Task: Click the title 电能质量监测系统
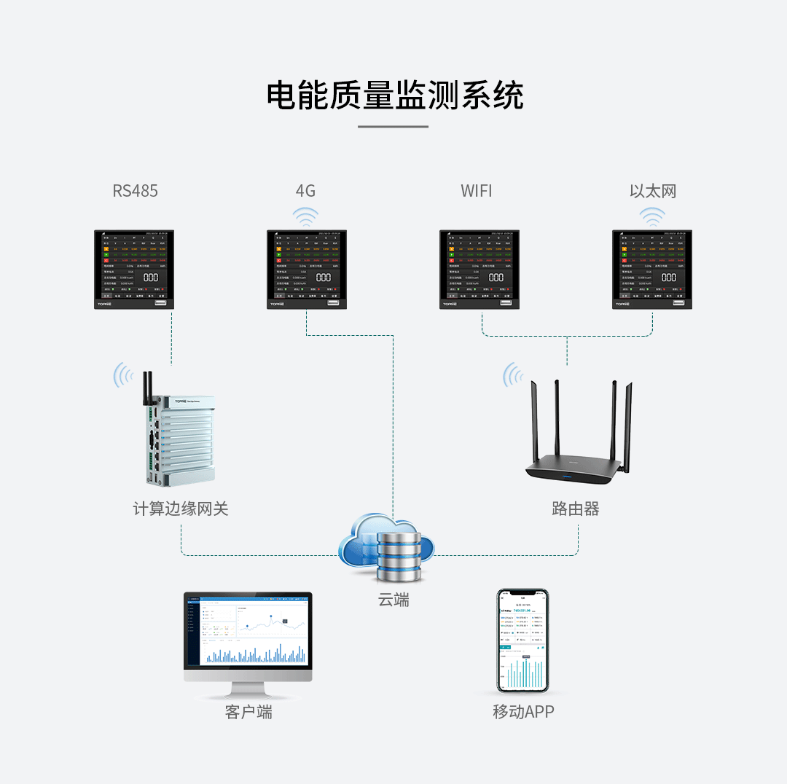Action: pyautogui.click(x=394, y=95)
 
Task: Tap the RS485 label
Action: pyautogui.click(x=135, y=191)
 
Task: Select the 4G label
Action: pyautogui.click(x=305, y=191)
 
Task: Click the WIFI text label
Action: pyautogui.click(x=477, y=191)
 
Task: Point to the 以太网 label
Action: pyautogui.click(x=653, y=191)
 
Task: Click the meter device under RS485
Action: pyautogui.click(x=135, y=270)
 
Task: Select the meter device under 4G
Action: pyautogui.click(x=307, y=270)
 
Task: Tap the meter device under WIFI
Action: pyautogui.click(x=479, y=270)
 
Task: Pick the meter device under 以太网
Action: pyautogui.click(x=652, y=270)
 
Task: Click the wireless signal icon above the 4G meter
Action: pyautogui.click(x=305, y=216)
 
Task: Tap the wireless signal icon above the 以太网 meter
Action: pyautogui.click(x=652, y=216)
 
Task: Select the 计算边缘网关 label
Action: pyautogui.click(x=181, y=509)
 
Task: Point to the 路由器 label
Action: pyautogui.click(x=576, y=509)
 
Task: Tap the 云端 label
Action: pyautogui.click(x=393, y=600)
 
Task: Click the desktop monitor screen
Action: pyautogui.click(x=248, y=630)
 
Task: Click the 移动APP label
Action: pyautogui.click(x=523, y=712)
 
